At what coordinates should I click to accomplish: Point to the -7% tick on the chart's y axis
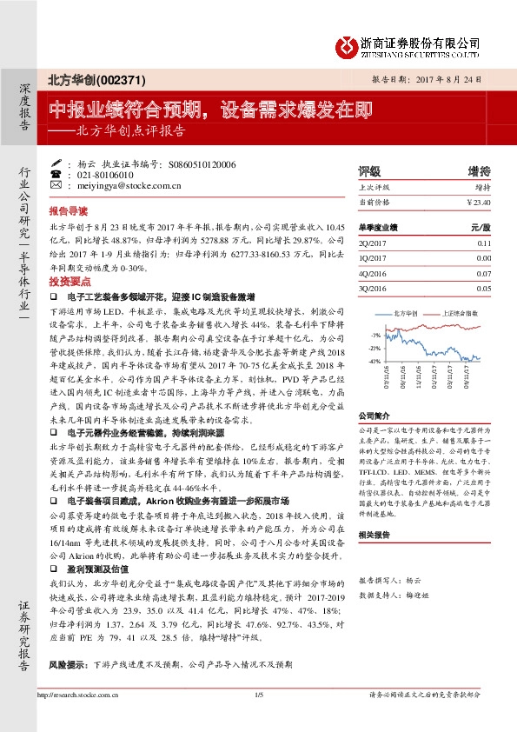(x=374, y=334)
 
